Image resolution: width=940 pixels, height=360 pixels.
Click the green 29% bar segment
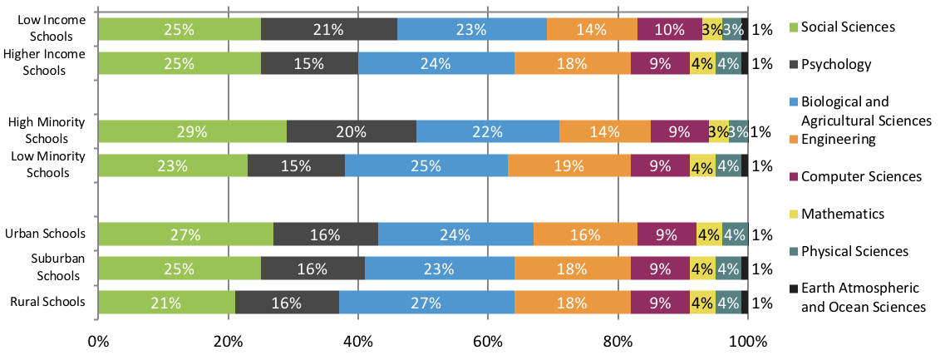(192, 131)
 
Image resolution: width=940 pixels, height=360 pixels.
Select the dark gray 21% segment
(329, 29)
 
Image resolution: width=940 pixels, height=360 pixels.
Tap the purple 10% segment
(669, 29)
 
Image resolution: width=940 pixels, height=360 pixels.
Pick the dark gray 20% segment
(352, 131)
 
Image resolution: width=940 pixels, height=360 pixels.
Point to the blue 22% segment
(488, 131)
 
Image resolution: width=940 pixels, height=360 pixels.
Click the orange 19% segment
(569, 165)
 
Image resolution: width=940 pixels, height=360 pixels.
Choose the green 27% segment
(185, 234)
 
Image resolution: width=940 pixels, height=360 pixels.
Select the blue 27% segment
(426, 303)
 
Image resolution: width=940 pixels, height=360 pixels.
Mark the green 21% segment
(166, 303)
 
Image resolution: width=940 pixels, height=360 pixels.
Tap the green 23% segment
(173, 165)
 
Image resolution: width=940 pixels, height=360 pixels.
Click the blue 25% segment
(426, 165)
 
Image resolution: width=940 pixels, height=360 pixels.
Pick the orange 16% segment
(585, 234)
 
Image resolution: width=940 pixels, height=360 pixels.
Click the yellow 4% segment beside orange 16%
(709, 234)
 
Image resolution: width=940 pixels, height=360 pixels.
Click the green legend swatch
(794, 27)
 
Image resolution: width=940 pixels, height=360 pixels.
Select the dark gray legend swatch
(794, 65)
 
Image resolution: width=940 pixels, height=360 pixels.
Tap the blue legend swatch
(794, 102)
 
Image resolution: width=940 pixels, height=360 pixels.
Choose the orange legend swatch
(794, 140)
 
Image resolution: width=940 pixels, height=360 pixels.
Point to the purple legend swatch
(794, 177)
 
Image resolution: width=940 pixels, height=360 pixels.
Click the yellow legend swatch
(794, 215)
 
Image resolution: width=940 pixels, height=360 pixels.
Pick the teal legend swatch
(794, 252)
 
